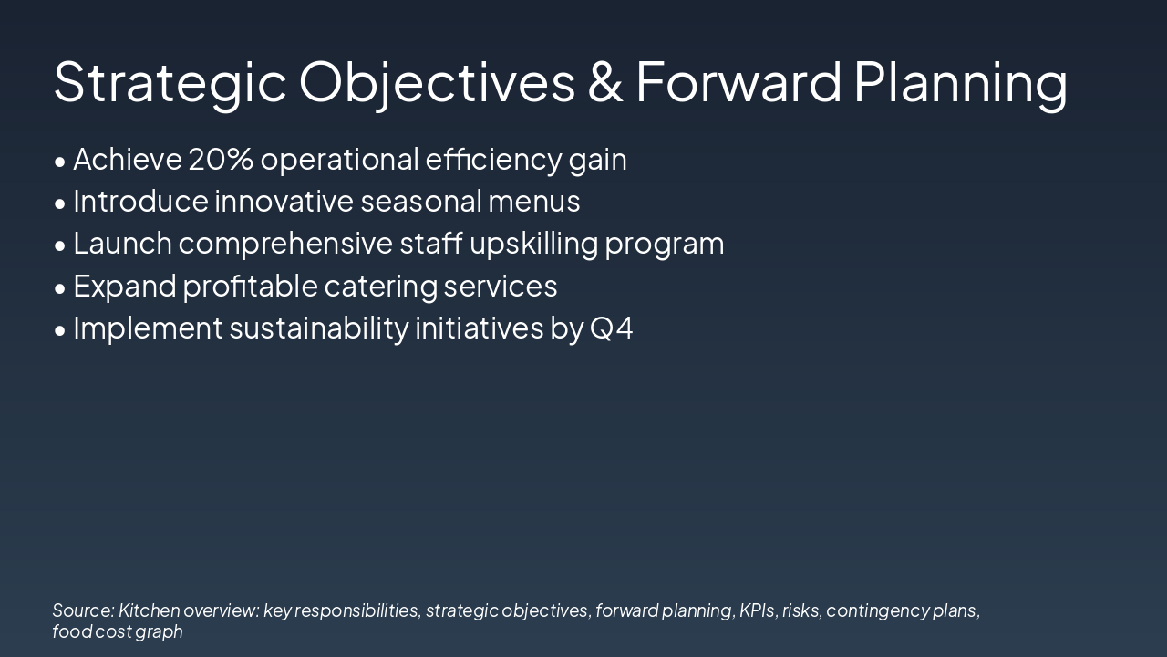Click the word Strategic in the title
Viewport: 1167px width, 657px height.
[170, 82]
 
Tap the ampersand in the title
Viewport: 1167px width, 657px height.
[605, 81]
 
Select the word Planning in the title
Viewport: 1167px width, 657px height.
[960, 82]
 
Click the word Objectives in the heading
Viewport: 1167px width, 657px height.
[437, 82]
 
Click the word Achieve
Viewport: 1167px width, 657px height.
[127, 159]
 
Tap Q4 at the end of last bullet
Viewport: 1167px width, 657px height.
[612, 328]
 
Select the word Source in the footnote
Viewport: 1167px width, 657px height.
[82, 610]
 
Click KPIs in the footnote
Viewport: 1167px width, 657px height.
[756, 610]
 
